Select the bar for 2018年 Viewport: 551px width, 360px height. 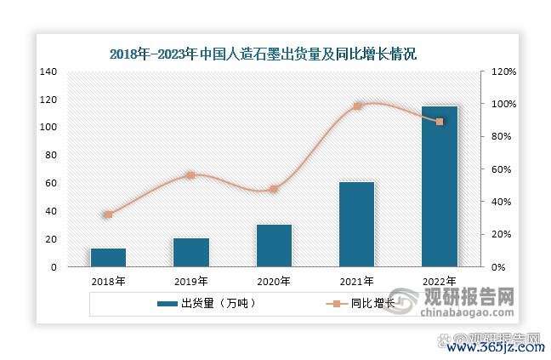pyautogui.click(x=108, y=258)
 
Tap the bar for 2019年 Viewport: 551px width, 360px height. pyautogui.click(x=191, y=252)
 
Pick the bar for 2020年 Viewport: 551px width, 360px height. pyautogui.click(x=274, y=246)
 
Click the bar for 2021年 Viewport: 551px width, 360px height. pyautogui.click(x=356, y=225)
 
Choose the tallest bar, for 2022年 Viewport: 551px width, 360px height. pyautogui.click(x=440, y=186)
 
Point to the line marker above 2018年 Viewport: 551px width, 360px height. pyautogui.click(x=108, y=214)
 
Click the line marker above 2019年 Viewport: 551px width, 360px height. pyautogui.click(x=191, y=175)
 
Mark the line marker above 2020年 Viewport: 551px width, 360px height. pyautogui.click(x=274, y=189)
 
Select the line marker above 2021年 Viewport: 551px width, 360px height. pyautogui.click(x=357, y=106)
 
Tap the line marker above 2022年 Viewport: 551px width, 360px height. pyautogui.click(x=440, y=122)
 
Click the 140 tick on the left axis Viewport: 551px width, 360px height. pyautogui.click(x=48, y=71)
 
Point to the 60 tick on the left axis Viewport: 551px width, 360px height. pyautogui.click(x=51, y=183)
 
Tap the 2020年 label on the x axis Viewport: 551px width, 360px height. pyautogui.click(x=274, y=281)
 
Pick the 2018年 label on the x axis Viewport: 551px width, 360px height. pyautogui.click(x=108, y=281)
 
